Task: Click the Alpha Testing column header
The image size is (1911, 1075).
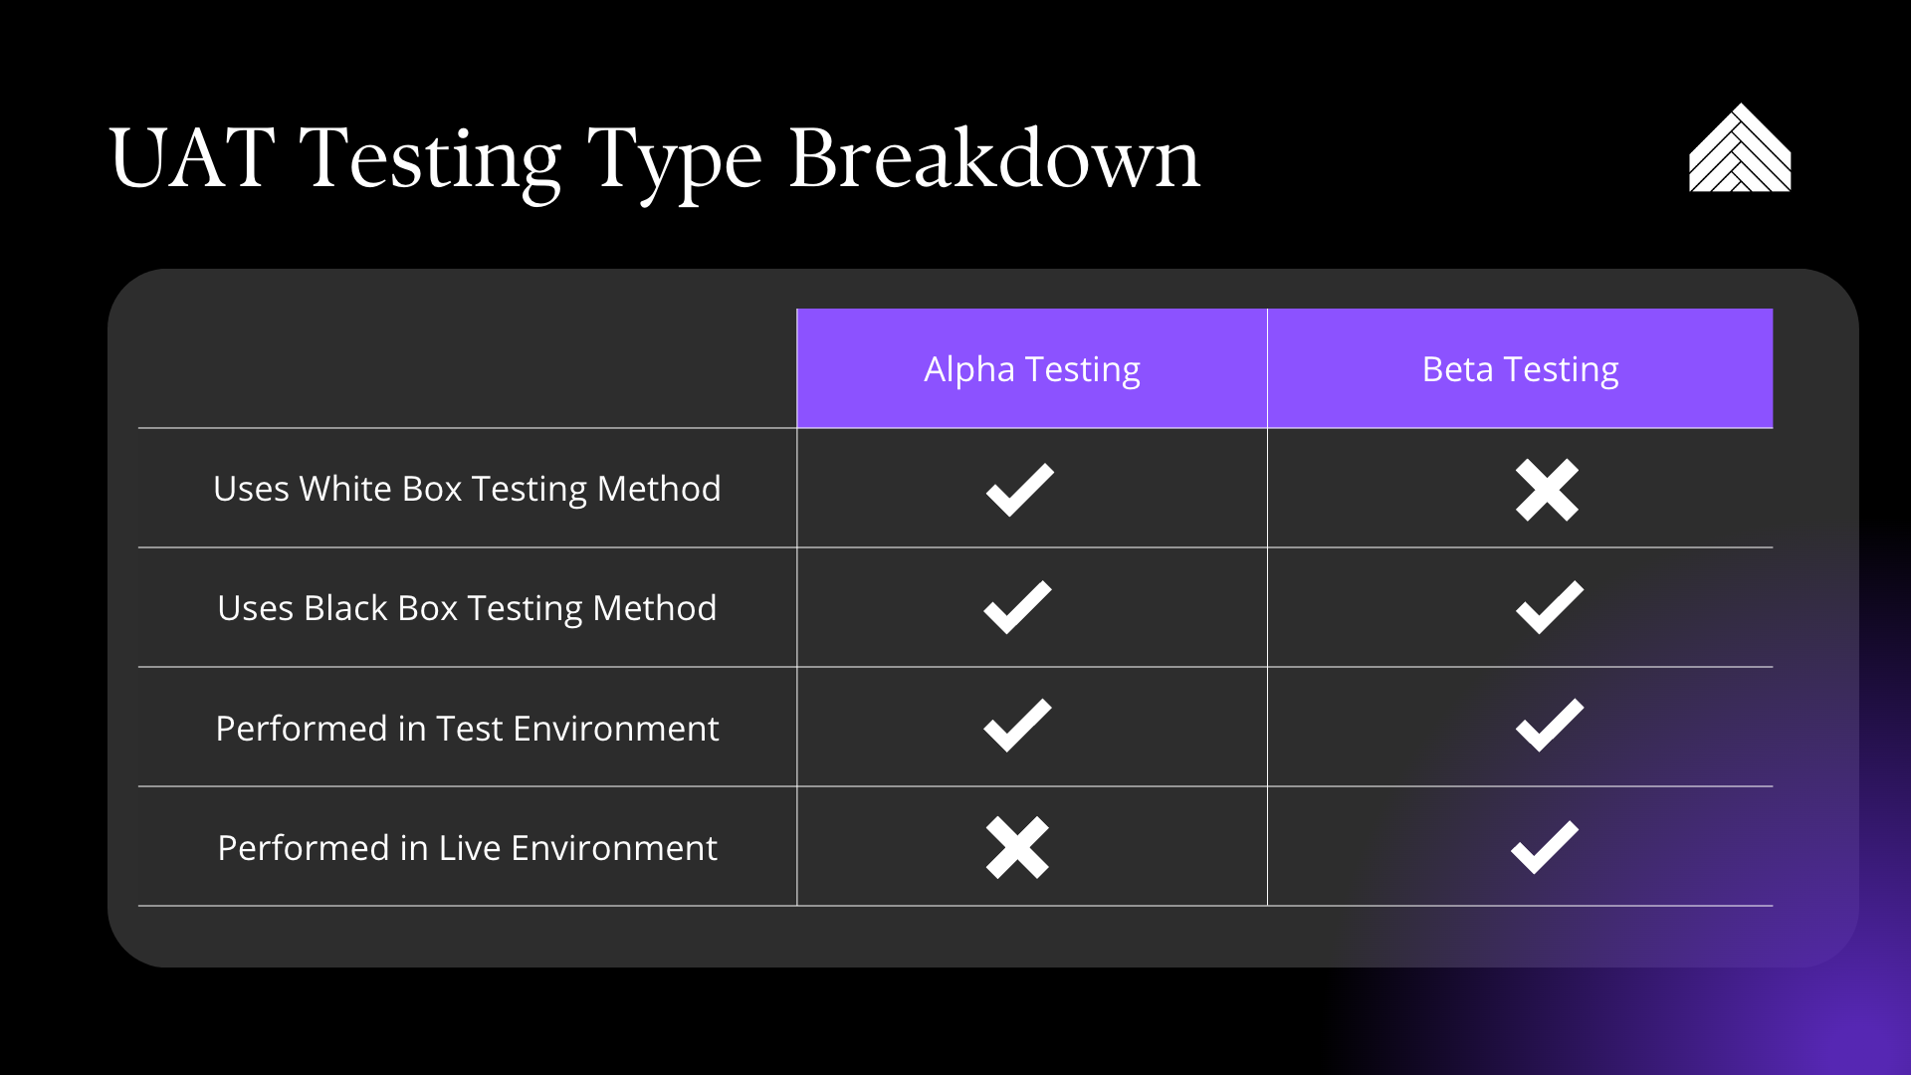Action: (x=1032, y=369)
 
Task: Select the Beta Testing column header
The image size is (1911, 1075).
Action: (x=1520, y=369)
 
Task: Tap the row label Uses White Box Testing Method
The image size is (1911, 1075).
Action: (x=467, y=489)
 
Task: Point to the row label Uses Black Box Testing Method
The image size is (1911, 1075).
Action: (x=467, y=608)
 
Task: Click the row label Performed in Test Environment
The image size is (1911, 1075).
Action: (x=467, y=728)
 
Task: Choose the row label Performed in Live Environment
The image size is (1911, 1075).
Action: (x=467, y=847)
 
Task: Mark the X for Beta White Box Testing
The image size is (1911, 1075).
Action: (x=1547, y=490)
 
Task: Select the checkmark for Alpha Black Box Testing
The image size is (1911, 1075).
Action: (x=1017, y=607)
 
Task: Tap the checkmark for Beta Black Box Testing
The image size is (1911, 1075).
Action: (x=1549, y=607)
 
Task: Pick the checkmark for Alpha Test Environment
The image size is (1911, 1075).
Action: (x=1017, y=727)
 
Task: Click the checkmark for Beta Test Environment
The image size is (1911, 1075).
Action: (x=1549, y=727)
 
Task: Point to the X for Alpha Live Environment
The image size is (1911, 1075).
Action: (x=1017, y=847)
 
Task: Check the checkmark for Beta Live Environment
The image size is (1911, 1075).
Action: (x=1544, y=848)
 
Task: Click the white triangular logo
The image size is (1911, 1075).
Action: (x=1740, y=149)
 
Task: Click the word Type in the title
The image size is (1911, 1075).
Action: (x=675, y=163)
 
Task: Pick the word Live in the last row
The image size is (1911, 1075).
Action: (x=470, y=847)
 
